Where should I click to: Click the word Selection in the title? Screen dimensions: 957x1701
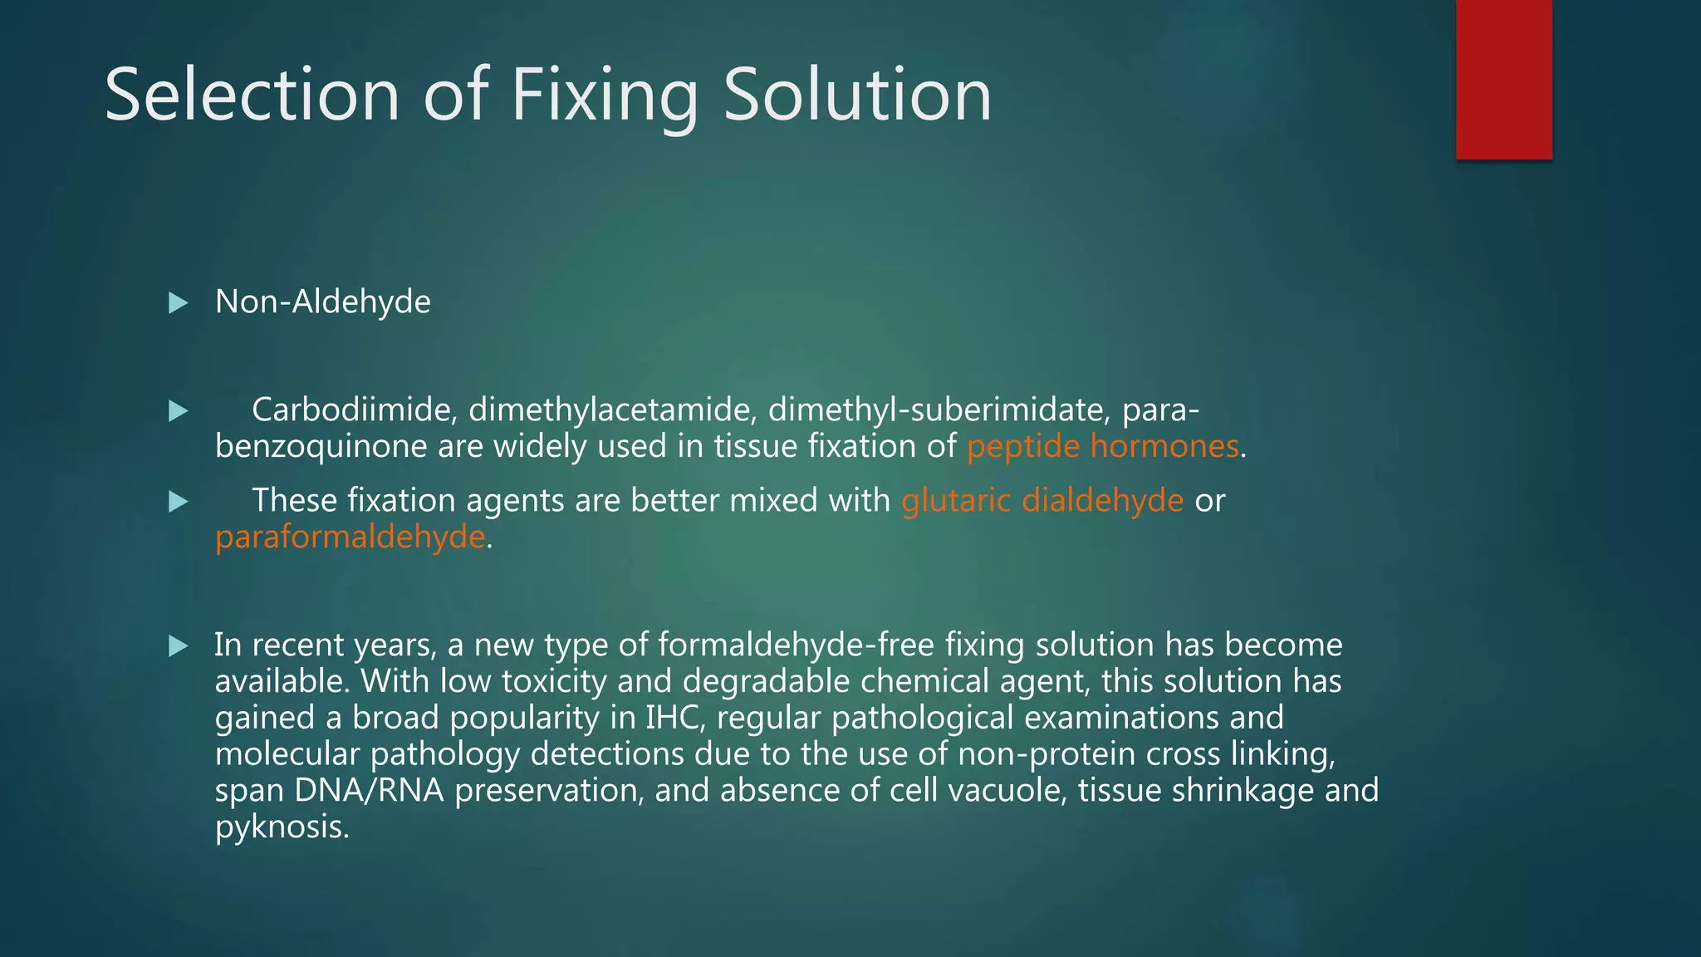[x=252, y=95]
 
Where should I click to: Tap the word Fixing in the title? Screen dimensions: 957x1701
[x=604, y=96]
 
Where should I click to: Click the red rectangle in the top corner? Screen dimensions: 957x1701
[x=1503, y=79]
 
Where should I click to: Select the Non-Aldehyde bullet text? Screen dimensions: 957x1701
[x=322, y=302]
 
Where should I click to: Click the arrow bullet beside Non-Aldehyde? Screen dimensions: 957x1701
[x=178, y=303]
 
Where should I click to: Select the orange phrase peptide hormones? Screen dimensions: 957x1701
[x=1102, y=446]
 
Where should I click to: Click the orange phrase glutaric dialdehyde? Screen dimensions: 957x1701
[x=1042, y=500]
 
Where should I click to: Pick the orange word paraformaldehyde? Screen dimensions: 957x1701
[x=350, y=537]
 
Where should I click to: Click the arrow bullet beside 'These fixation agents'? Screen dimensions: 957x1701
[x=178, y=502]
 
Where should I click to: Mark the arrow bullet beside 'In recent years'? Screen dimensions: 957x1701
[x=178, y=646]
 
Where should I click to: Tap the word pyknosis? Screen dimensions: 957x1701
[x=281, y=827]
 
